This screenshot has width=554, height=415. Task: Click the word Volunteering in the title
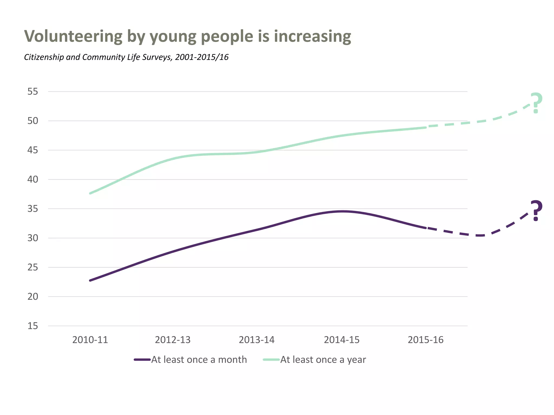point(73,36)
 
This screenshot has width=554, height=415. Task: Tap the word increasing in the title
point(312,36)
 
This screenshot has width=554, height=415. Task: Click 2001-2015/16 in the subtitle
point(202,57)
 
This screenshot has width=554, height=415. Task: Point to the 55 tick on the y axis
point(33,92)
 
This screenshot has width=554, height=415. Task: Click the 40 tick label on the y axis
point(33,179)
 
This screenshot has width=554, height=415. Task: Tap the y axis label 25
point(33,267)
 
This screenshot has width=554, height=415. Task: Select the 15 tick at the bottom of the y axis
point(33,326)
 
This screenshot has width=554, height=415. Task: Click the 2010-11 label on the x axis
point(90,340)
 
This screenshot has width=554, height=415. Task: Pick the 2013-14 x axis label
point(256,340)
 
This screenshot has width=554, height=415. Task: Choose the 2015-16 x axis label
point(426,340)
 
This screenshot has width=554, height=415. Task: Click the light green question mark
point(536,103)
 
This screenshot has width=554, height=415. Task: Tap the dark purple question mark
point(536,210)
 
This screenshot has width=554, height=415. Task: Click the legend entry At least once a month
point(199,360)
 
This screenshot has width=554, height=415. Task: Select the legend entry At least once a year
point(323,360)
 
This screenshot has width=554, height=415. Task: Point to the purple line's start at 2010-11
point(90,280)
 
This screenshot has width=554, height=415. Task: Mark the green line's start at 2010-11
point(90,193)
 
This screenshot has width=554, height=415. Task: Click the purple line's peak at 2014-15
point(342,211)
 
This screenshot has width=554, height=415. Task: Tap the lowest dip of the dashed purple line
point(480,236)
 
